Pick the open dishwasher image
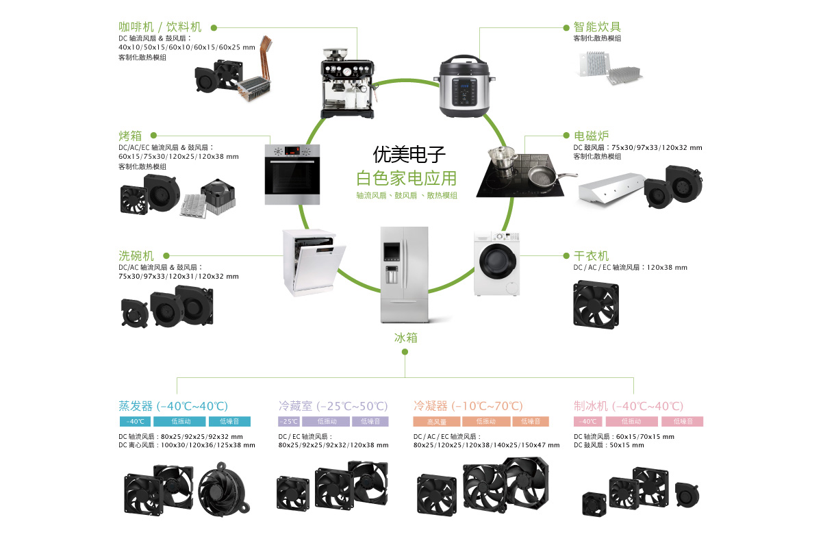(x=311, y=264)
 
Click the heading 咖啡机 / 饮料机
(x=160, y=27)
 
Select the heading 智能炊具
(x=597, y=27)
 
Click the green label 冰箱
(x=405, y=338)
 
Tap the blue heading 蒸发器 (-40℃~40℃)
(x=173, y=405)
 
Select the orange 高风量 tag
(x=436, y=422)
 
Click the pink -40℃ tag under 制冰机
(x=587, y=422)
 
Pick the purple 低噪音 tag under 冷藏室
(x=370, y=422)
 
